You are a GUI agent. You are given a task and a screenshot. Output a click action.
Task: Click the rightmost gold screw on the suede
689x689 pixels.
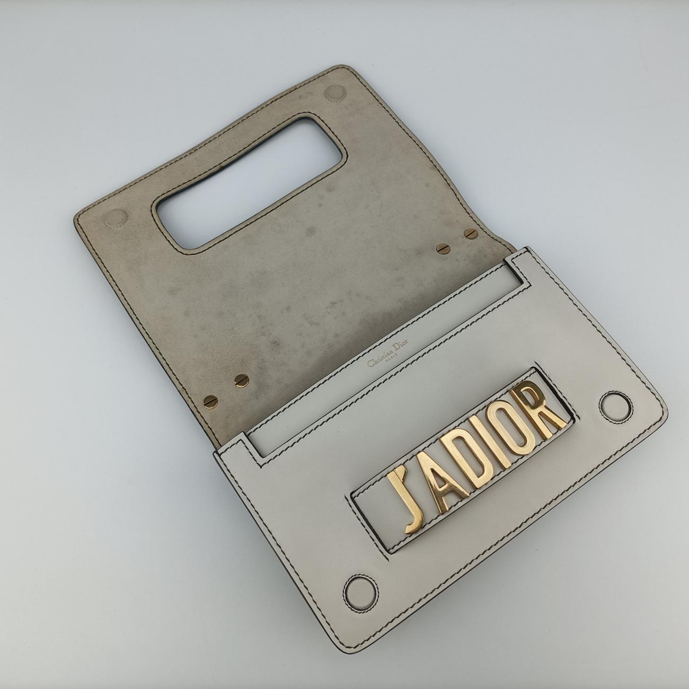469,233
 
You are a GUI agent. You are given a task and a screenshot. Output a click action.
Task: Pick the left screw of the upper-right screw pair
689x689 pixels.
441,248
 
